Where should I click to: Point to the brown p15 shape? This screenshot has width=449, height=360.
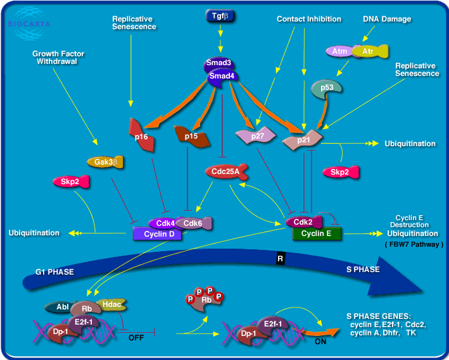[190, 135]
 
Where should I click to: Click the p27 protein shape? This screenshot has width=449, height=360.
[249, 135]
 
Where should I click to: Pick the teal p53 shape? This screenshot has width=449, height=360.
[327, 88]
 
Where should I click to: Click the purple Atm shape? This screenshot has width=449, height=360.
[339, 50]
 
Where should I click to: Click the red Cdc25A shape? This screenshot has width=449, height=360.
[223, 171]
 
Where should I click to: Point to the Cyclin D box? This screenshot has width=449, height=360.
[158, 234]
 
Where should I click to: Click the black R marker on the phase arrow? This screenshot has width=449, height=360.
[281, 258]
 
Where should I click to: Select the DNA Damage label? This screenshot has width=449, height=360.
[387, 19]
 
